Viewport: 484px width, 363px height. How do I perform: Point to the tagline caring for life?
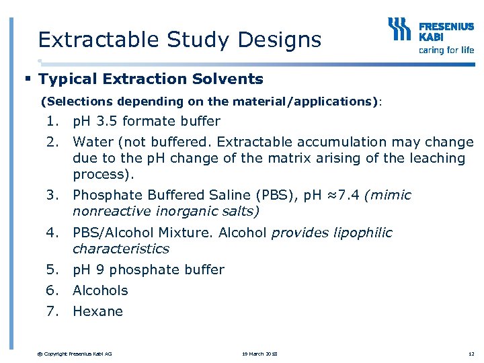(x=446, y=50)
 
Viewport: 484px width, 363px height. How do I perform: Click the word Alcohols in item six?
(x=100, y=290)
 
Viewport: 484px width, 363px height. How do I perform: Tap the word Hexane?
(x=97, y=311)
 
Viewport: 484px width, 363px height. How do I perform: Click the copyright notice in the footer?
(x=75, y=354)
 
